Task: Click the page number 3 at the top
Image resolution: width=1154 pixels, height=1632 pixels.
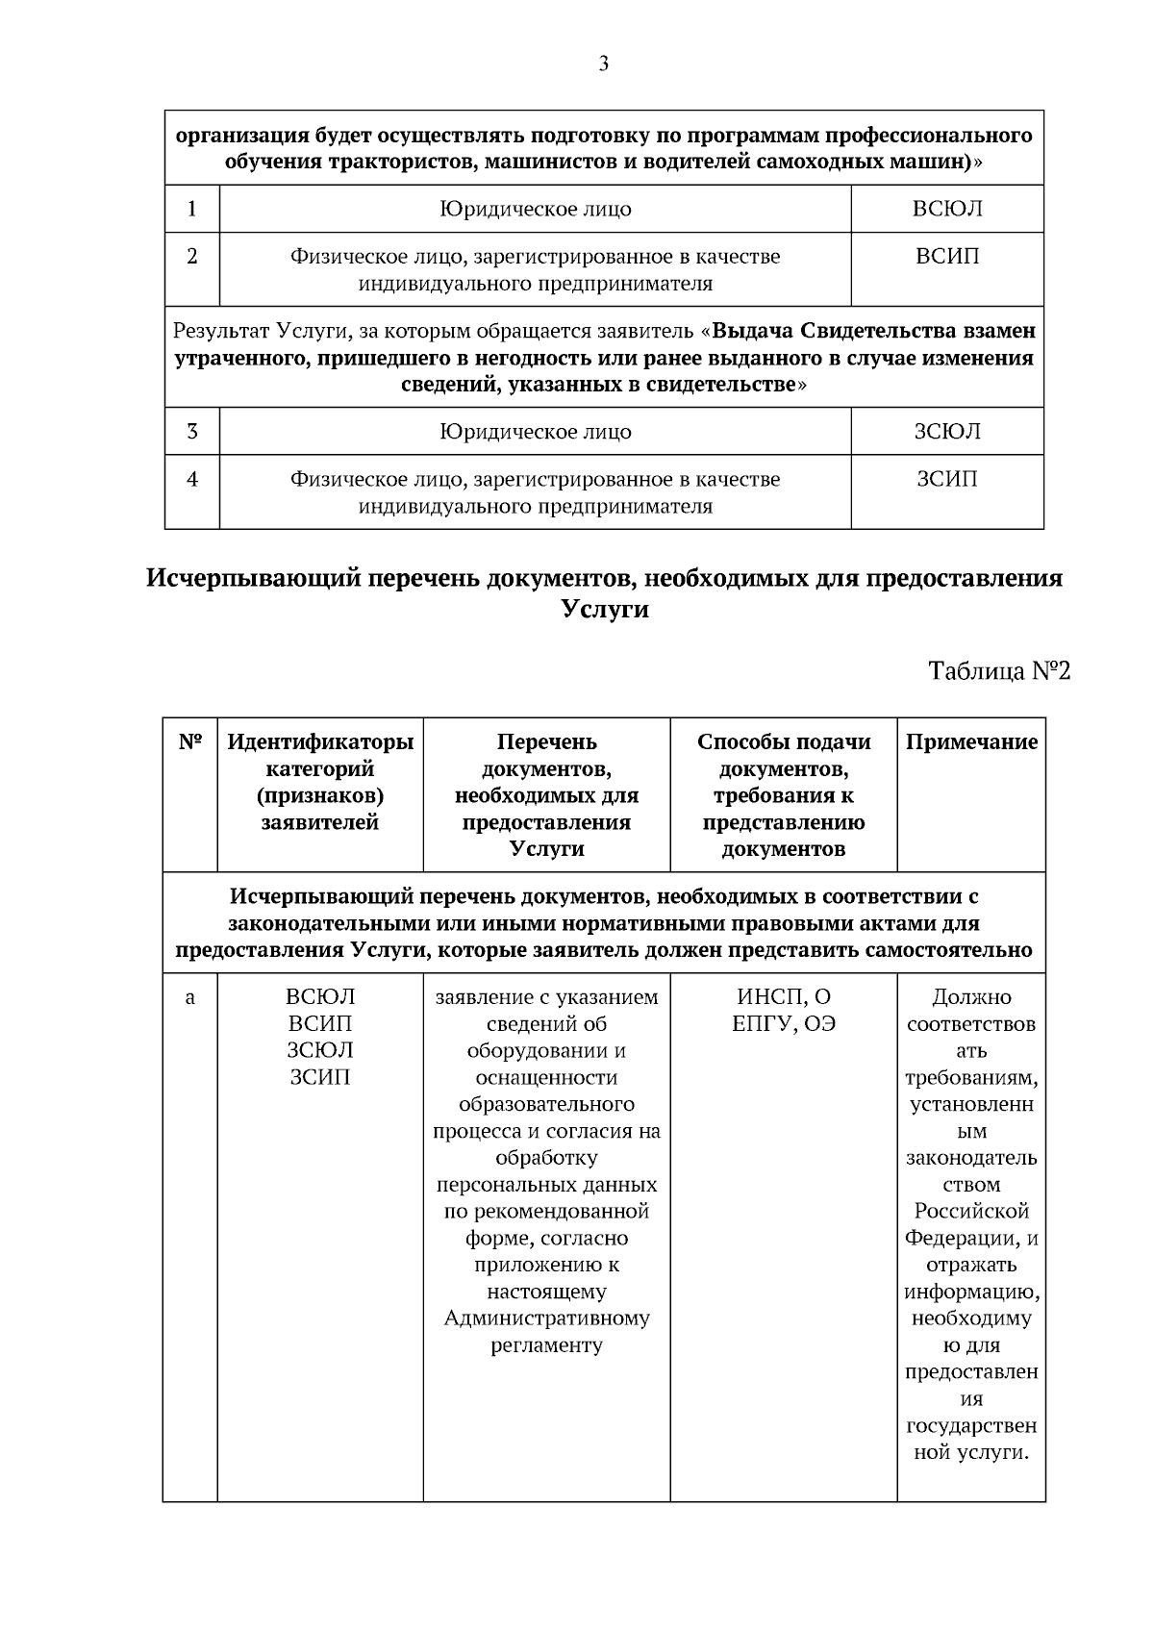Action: point(603,64)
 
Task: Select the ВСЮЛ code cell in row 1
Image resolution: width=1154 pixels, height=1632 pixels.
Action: point(946,209)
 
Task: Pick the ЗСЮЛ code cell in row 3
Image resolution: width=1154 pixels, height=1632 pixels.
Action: point(946,431)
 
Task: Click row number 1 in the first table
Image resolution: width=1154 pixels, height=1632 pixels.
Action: point(192,209)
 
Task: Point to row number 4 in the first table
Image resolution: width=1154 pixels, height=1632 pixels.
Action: point(192,478)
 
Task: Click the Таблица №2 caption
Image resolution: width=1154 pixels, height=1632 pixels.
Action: point(998,670)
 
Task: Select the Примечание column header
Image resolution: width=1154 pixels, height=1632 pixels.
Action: point(971,741)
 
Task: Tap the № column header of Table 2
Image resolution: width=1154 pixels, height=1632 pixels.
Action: point(190,741)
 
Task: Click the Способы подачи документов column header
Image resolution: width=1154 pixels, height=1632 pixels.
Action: point(783,794)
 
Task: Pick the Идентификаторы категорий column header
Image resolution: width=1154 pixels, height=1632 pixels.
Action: point(320,781)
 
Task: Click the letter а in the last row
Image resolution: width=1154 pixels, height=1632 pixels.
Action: point(190,997)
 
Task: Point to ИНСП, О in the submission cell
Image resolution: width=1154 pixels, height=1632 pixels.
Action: point(783,997)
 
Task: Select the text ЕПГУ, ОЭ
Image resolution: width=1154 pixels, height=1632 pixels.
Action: point(783,1024)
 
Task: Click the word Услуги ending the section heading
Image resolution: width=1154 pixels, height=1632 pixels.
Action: point(604,610)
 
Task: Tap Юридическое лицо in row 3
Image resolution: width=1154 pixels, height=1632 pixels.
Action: point(535,431)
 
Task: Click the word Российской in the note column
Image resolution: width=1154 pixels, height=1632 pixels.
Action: point(971,1211)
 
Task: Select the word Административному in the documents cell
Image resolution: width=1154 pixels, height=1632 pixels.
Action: point(546,1318)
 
